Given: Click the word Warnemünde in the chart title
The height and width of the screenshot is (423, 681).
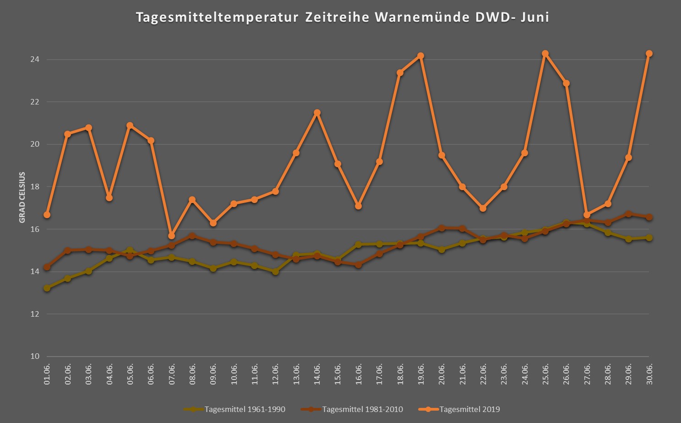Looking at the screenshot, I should pyautogui.click(x=421, y=17).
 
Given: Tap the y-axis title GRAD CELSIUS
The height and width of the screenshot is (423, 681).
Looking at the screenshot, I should pyautogui.click(x=22, y=198).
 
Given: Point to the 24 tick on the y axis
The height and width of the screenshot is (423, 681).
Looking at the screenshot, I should pyautogui.click(x=35, y=60).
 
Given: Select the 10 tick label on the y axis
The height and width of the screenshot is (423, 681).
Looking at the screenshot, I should pyautogui.click(x=35, y=357).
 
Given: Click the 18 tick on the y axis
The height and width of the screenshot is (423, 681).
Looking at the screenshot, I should pyautogui.click(x=35, y=187).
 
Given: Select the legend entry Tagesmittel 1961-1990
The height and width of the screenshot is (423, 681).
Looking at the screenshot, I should pyautogui.click(x=245, y=409).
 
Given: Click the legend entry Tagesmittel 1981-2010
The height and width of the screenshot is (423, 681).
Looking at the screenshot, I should pyautogui.click(x=362, y=409).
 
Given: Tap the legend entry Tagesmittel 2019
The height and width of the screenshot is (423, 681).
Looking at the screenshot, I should pyautogui.click(x=469, y=409).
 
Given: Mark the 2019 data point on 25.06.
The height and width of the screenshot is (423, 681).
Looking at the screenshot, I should pyautogui.click(x=545, y=54).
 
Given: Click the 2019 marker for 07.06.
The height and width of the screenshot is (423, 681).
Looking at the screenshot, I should pyautogui.click(x=172, y=236).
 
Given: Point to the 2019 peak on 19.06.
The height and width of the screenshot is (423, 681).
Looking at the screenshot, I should pyautogui.click(x=421, y=56).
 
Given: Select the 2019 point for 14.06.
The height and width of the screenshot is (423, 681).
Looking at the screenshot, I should pyautogui.click(x=317, y=113).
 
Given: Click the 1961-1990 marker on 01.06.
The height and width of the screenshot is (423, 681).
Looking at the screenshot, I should pyautogui.click(x=47, y=288).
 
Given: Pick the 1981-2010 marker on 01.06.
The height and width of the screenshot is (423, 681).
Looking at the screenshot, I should pyautogui.click(x=47, y=267).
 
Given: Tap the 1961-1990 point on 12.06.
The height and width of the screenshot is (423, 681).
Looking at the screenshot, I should pyautogui.click(x=276, y=272).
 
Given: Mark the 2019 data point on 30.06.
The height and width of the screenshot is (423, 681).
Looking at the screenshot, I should pyautogui.click(x=649, y=54).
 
